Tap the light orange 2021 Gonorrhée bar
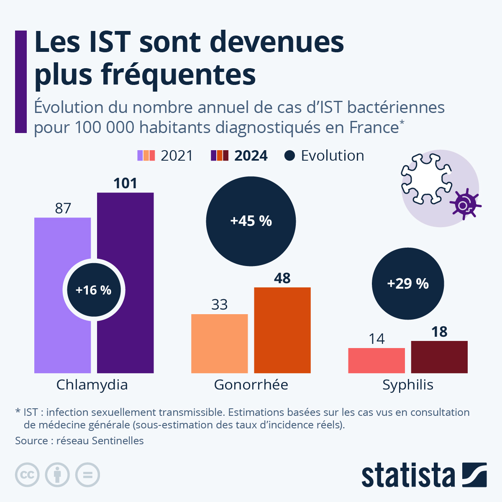point(219,343)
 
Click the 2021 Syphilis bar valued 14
point(376,360)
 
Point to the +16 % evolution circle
point(94,290)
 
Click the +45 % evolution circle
point(251,221)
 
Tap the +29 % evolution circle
point(408,284)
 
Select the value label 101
point(125,183)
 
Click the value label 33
point(219,305)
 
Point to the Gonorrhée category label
point(251,384)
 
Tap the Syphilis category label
point(408,384)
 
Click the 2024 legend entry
point(239,156)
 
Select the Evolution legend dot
point(289,156)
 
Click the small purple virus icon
point(464,205)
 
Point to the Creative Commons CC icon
point(28,475)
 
